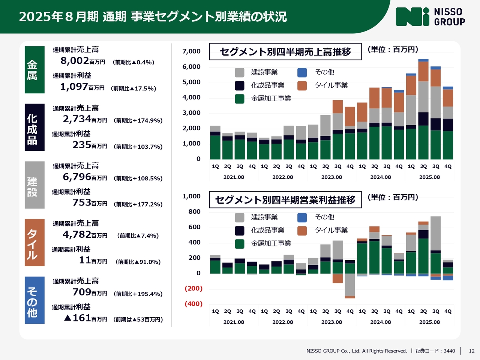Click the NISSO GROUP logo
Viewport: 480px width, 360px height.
click(x=430, y=17)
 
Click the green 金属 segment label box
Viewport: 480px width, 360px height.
click(x=34, y=70)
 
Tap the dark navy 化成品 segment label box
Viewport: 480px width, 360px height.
click(x=34, y=127)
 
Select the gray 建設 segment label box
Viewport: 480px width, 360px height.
click(x=34, y=185)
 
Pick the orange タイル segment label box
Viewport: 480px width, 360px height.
click(x=34, y=243)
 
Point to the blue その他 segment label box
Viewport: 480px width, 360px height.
click(x=34, y=300)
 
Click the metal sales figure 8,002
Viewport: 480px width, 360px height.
click(x=75, y=61)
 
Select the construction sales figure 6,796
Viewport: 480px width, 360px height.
click(x=77, y=177)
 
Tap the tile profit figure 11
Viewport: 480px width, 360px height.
click(x=85, y=260)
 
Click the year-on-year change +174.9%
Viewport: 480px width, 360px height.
click(x=138, y=121)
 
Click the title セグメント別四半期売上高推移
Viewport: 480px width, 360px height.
click(x=285, y=52)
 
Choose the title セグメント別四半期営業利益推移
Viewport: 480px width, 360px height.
click(x=285, y=200)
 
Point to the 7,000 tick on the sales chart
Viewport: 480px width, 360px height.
click(x=191, y=51)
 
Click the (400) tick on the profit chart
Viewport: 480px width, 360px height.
click(x=193, y=304)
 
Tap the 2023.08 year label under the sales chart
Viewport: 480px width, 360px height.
click(x=331, y=177)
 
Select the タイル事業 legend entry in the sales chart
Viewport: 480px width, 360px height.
click(x=331, y=85)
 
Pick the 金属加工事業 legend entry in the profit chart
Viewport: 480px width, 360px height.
click(x=271, y=243)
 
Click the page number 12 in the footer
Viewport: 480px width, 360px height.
click(x=472, y=351)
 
